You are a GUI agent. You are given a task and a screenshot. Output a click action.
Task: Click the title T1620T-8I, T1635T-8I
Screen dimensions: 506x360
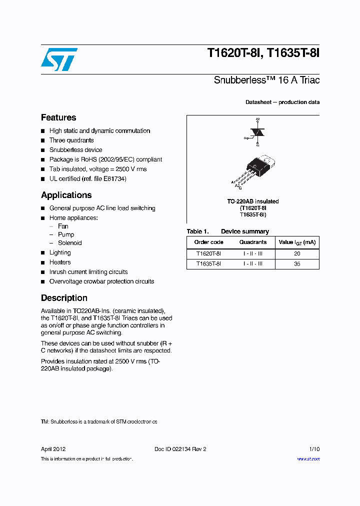(263, 54)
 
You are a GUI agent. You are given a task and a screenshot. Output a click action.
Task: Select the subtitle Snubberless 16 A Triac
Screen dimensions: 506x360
(266, 80)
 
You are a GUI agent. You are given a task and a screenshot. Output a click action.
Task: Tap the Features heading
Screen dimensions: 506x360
(58, 117)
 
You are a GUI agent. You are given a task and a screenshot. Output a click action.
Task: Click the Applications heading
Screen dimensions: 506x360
(66, 195)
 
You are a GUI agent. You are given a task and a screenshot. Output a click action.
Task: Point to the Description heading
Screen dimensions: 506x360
(64, 298)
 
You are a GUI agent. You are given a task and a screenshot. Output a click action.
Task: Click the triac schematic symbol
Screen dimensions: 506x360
(257, 132)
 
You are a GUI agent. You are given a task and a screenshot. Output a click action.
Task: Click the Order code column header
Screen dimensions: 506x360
(209, 242)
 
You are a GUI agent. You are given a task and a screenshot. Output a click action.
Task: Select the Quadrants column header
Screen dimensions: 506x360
(253, 242)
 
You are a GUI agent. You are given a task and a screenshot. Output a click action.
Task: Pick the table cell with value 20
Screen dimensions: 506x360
(297, 253)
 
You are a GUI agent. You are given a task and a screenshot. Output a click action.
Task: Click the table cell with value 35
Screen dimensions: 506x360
(297, 263)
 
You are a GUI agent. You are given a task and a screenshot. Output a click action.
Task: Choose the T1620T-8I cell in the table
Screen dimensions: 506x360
(209, 253)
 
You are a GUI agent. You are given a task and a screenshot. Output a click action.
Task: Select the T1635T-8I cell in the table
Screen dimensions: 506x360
(209, 263)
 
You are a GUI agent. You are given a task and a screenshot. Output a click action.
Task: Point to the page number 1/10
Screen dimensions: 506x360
(313, 449)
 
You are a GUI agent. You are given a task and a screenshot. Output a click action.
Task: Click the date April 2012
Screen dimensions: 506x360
(53, 449)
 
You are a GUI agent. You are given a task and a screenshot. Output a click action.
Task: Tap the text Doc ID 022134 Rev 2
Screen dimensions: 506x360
(180, 449)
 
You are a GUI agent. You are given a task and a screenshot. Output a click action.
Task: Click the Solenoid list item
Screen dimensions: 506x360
(69, 243)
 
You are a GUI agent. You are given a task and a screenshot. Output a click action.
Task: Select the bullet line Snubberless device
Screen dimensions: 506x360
(75, 150)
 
